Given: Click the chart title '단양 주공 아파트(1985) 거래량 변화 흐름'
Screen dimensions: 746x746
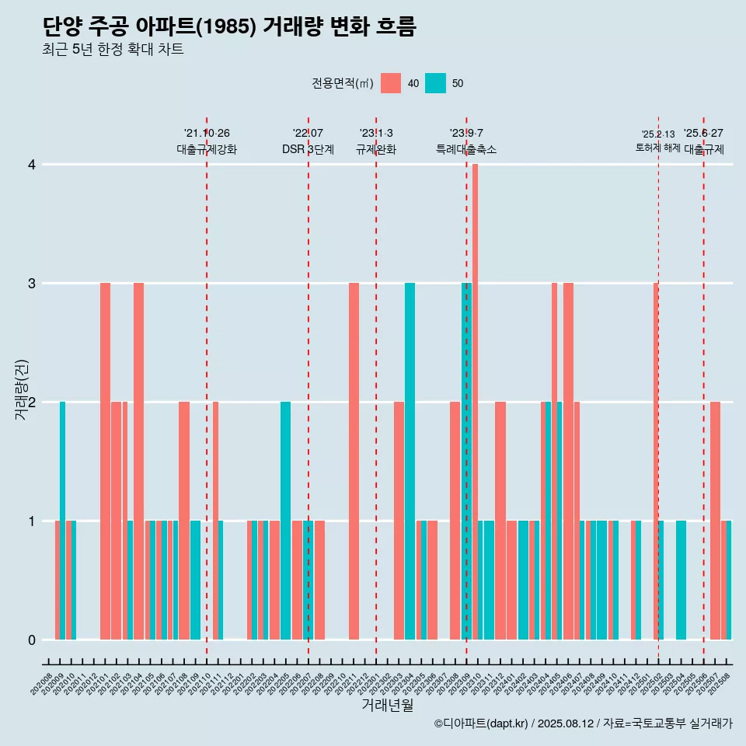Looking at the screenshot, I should (x=229, y=26).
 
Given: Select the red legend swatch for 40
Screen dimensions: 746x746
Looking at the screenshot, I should (x=391, y=83).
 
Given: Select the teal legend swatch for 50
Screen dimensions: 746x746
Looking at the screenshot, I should (x=436, y=83).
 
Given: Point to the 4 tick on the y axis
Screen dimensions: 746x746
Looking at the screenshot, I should (x=32, y=165).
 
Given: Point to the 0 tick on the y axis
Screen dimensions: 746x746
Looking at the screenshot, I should (x=32, y=640).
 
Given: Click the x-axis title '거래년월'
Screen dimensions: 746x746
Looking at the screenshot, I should (x=387, y=705).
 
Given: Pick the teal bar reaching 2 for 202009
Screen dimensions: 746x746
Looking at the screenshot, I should (x=62, y=521).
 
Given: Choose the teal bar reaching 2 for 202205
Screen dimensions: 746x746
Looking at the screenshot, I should (x=285, y=521).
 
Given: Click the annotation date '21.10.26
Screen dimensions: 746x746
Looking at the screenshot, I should (x=207, y=134).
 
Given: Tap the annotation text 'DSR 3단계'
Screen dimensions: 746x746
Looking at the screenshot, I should (x=308, y=149).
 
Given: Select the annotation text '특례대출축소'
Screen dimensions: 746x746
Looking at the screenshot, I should (x=466, y=149).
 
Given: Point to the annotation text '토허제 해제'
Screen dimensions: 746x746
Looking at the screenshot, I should (x=657, y=147).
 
